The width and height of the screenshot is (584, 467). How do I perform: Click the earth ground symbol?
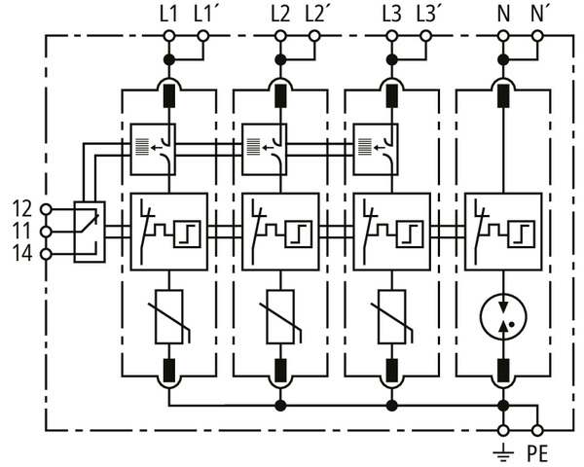[504, 451]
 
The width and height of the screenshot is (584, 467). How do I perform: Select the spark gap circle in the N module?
[504, 318]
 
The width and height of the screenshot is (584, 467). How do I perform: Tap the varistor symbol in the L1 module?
[169, 317]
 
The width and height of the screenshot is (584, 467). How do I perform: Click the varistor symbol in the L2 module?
[281, 317]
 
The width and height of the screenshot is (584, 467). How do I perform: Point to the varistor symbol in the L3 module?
[392, 317]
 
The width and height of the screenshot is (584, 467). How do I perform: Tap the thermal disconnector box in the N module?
[504, 231]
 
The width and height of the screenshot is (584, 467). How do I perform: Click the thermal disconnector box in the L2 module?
[281, 231]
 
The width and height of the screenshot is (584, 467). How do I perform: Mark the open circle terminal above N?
[504, 36]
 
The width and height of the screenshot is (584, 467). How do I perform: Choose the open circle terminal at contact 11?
[47, 231]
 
